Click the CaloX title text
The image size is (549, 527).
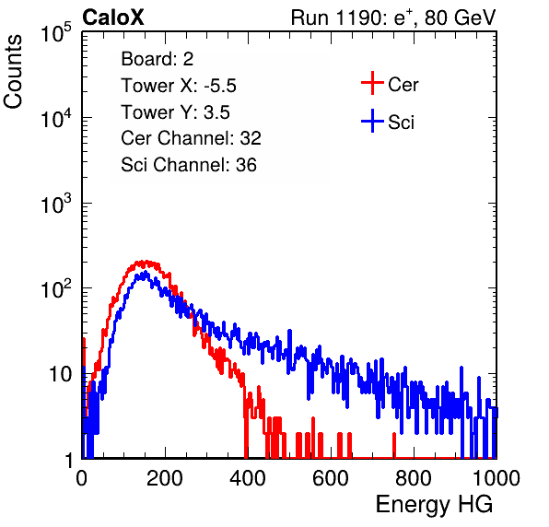113,18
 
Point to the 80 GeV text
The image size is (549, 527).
460,18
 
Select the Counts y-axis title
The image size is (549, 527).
13,72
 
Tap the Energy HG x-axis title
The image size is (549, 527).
434,504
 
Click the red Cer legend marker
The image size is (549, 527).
372,83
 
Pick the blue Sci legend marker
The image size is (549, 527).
372,121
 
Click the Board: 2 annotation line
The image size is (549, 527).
158,59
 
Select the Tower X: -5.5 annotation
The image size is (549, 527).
179,86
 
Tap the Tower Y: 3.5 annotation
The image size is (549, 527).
175,112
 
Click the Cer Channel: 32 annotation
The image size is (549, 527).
192,138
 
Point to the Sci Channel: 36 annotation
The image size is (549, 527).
189,165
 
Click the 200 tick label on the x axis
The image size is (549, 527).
165,478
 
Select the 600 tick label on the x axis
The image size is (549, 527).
331,478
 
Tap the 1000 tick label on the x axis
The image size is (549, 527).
496,478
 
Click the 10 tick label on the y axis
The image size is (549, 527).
60,374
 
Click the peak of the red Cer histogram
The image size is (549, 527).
145,262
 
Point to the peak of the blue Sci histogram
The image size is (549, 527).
146,272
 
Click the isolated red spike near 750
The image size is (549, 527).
394,445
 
